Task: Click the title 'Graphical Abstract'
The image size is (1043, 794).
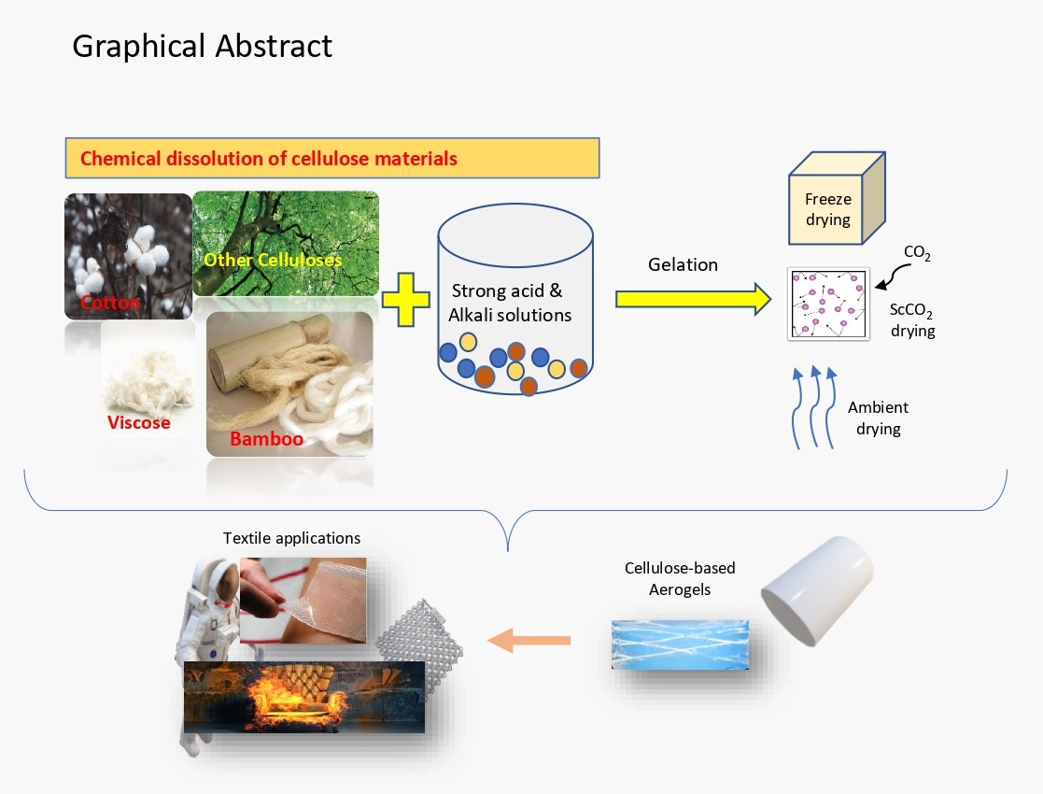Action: (x=202, y=46)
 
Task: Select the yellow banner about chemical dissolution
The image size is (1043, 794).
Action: (x=331, y=158)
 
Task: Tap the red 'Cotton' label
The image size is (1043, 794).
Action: (x=110, y=303)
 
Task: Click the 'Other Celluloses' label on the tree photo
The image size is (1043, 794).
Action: (x=273, y=260)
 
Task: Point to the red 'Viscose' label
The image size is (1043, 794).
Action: (x=138, y=422)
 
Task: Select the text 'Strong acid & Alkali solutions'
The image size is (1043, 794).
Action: (x=510, y=304)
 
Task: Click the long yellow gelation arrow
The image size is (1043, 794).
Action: (x=692, y=299)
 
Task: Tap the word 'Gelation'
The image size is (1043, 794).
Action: (x=683, y=264)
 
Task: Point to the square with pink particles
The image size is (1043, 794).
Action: (x=829, y=304)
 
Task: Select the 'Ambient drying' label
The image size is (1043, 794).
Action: (x=878, y=418)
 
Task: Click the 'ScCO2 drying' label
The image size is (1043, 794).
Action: (x=912, y=321)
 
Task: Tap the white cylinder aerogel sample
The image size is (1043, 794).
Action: (x=815, y=590)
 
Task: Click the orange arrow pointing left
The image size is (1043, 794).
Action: (x=529, y=641)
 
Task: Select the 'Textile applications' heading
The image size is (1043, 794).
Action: (x=291, y=538)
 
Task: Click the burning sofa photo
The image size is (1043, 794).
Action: (x=304, y=696)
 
